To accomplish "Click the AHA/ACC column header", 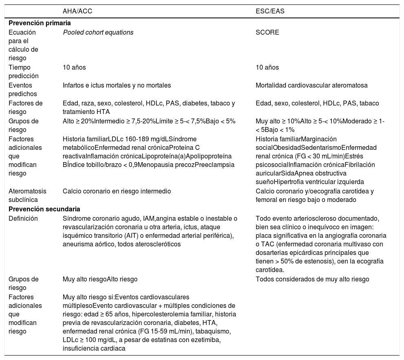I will click(77, 11).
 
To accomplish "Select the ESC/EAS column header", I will click(270, 11).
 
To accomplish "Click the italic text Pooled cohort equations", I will click(98, 32).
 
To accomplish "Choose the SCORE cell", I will click(267, 32).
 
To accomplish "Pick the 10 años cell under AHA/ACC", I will click(74, 68).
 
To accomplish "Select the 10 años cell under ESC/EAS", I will click(267, 68).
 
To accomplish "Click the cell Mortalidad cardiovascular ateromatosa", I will click(312, 86).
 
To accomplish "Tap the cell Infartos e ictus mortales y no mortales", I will click(116, 86).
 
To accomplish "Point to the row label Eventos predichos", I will click(22, 90).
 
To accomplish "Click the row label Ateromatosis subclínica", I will click(27, 195).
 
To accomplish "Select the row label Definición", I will click(23, 218).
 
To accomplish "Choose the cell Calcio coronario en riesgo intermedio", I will click(116, 191).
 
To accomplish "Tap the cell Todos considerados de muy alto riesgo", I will click(312, 279).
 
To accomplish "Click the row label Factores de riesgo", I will click(25, 108).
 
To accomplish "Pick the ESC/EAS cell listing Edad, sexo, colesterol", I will click(317, 103).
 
